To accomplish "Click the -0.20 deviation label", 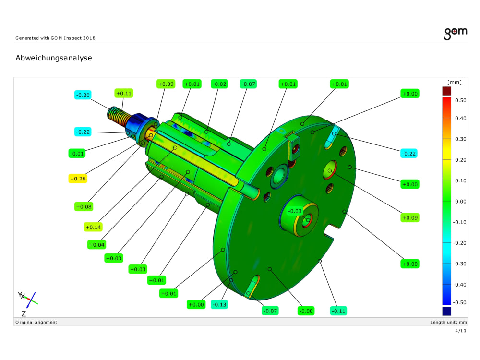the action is click(83, 95).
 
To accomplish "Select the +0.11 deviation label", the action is click(124, 93).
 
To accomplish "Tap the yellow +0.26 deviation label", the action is click(78, 179).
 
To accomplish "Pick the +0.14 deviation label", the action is click(93, 227).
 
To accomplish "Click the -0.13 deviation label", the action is click(219, 305).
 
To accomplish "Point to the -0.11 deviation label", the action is click(338, 311).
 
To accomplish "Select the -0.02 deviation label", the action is click(219, 84).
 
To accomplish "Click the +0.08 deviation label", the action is click(84, 206).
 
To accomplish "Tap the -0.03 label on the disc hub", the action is click(295, 211).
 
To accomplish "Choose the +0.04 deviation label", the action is click(96, 245).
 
